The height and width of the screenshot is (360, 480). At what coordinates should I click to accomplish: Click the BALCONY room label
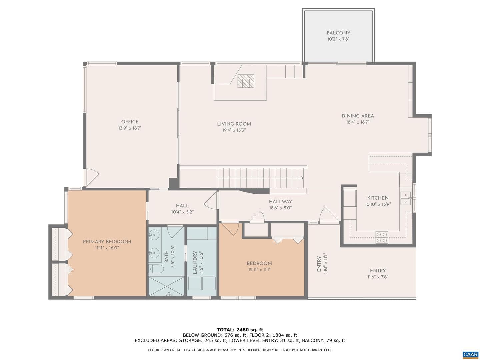pyautogui.click(x=338, y=33)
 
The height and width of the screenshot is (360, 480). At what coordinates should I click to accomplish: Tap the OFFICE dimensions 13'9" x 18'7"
pyautogui.click(x=130, y=128)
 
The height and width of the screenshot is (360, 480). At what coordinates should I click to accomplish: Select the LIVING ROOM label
pyautogui.click(x=234, y=124)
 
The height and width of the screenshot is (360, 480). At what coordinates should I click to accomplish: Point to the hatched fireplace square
pyautogui.click(x=246, y=81)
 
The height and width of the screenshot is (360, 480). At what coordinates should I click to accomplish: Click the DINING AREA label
pyautogui.click(x=358, y=116)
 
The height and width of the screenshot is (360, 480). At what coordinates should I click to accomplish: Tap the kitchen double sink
pyautogui.click(x=406, y=198)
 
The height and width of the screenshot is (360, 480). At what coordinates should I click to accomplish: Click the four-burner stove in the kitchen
pyautogui.click(x=382, y=238)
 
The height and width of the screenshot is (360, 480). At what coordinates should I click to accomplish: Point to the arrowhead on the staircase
pyautogui.click(x=302, y=178)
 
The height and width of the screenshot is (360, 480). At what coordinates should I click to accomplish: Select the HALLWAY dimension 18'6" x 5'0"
pyautogui.click(x=281, y=208)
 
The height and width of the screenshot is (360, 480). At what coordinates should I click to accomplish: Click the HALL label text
pyautogui.click(x=182, y=206)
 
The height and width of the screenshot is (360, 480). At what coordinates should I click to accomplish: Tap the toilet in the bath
pyautogui.click(x=155, y=269)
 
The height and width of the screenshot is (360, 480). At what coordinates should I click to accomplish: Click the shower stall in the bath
pyautogui.click(x=167, y=286)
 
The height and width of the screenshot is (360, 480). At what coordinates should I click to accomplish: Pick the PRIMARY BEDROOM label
pyautogui.click(x=107, y=242)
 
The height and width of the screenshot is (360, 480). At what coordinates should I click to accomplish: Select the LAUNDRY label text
pyautogui.click(x=195, y=262)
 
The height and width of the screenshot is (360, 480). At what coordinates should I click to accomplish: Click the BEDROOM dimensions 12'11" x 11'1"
pyautogui.click(x=259, y=270)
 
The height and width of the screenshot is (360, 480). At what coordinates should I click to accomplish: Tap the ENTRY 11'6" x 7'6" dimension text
pyautogui.click(x=378, y=277)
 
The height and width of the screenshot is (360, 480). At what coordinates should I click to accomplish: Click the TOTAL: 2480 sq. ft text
pyautogui.click(x=240, y=330)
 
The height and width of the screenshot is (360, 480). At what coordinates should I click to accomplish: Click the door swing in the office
pyautogui.click(x=92, y=177)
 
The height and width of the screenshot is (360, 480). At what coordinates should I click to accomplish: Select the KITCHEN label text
pyautogui.click(x=378, y=198)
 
